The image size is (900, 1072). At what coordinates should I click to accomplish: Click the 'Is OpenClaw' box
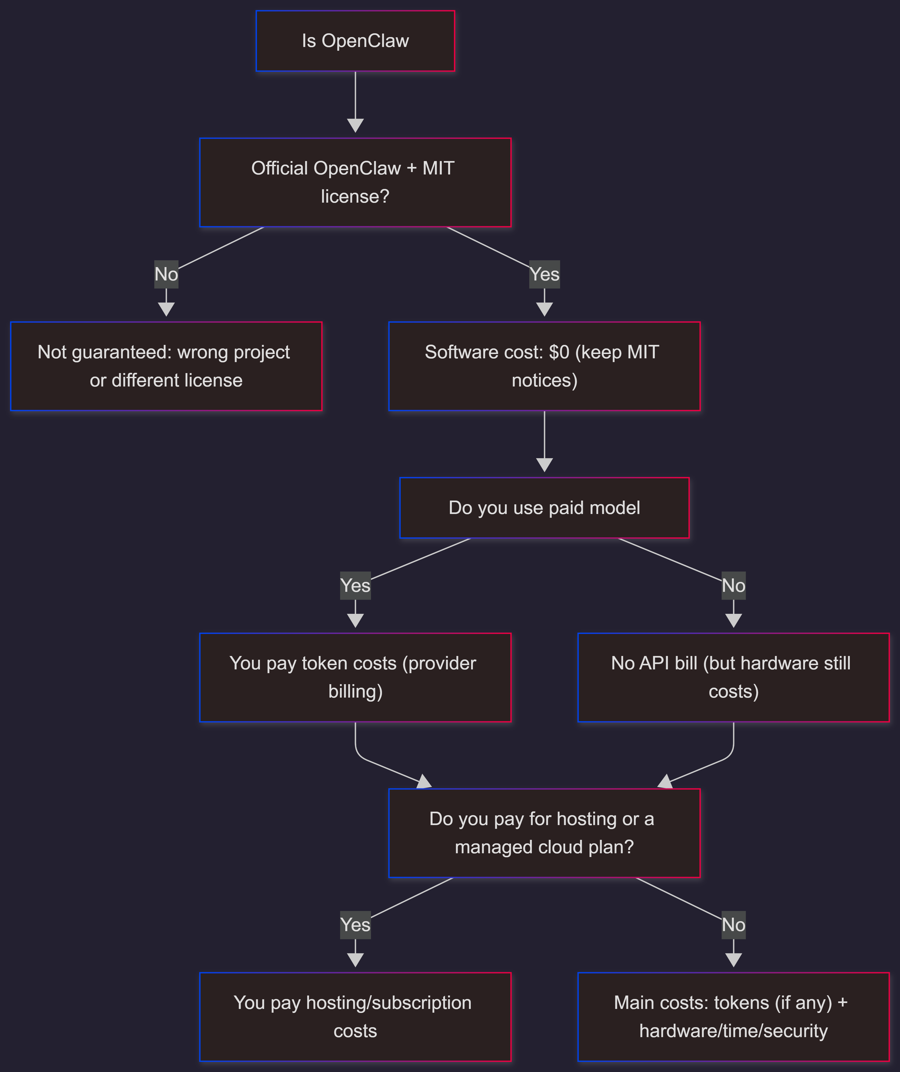pyautogui.click(x=355, y=41)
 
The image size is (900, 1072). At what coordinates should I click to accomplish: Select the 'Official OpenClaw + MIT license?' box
pyautogui.click(x=355, y=182)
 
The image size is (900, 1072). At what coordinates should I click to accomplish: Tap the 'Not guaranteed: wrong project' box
pyautogui.click(x=166, y=366)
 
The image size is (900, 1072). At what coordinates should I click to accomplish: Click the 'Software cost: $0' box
pyautogui.click(x=544, y=366)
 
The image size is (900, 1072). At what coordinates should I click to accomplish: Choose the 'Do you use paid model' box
pyautogui.click(x=544, y=508)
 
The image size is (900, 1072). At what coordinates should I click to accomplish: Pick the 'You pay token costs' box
pyautogui.click(x=355, y=677)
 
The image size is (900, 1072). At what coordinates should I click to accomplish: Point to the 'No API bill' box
pyautogui.click(x=733, y=677)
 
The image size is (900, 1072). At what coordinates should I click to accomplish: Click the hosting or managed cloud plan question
pyautogui.click(x=544, y=833)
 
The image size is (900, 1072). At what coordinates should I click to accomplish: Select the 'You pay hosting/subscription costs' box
pyautogui.click(x=355, y=1017)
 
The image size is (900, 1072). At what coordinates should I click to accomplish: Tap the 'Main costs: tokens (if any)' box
pyautogui.click(x=733, y=1017)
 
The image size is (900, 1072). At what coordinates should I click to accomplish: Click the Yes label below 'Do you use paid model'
pyautogui.click(x=355, y=585)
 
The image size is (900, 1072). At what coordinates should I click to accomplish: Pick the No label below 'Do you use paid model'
pyautogui.click(x=733, y=585)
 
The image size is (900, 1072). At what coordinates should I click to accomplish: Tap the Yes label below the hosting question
pyautogui.click(x=355, y=925)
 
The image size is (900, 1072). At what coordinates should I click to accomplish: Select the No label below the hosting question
pyautogui.click(x=733, y=925)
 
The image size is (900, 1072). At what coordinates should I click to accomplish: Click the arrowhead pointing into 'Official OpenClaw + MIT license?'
pyautogui.click(x=355, y=126)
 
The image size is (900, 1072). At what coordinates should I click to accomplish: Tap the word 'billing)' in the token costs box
pyautogui.click(x=355, y=692)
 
